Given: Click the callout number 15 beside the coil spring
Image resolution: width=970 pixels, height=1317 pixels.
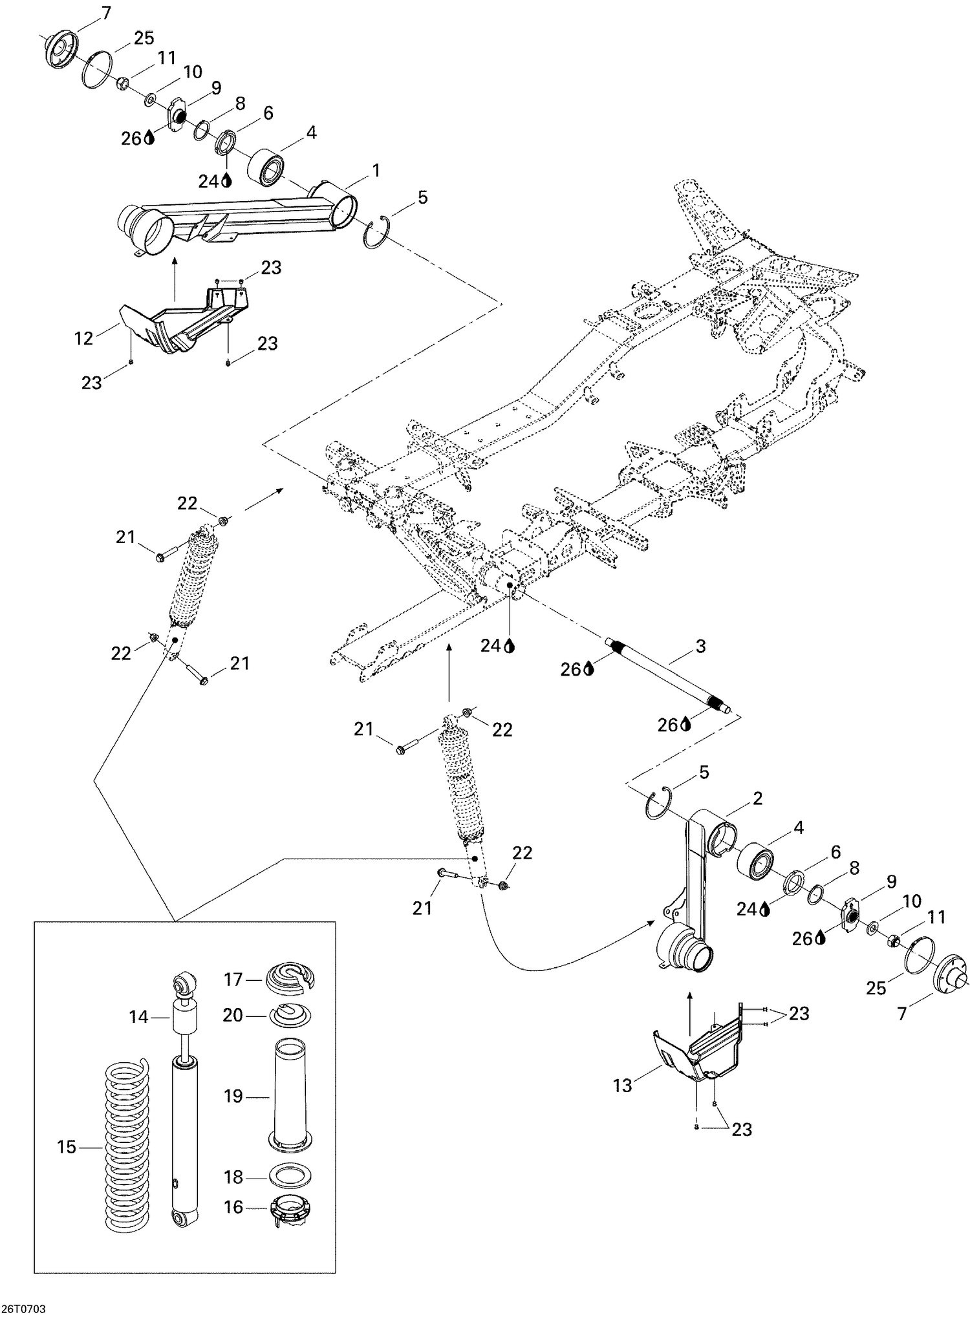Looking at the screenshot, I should point(67,1148).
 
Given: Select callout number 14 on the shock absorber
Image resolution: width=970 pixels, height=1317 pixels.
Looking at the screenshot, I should point(138,1017).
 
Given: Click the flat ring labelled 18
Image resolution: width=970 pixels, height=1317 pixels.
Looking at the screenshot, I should point(289,1177).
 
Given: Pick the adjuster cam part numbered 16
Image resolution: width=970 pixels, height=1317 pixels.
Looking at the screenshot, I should point(290,1207).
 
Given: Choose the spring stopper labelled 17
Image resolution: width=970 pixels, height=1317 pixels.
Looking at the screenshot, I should point(290,980).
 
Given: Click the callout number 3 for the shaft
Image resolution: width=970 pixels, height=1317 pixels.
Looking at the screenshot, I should point(700,646).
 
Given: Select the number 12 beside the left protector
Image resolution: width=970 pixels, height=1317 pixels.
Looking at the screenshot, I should point(84,337).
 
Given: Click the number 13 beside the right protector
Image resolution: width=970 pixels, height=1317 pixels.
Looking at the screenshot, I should point(622,1086).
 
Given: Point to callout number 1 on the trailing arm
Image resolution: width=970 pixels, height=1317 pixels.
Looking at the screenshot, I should point(376,171).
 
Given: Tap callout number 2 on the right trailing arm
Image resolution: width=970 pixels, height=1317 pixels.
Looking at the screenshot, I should point(756,798).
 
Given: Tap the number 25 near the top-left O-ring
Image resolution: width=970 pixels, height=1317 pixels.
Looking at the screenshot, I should point(144,37).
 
